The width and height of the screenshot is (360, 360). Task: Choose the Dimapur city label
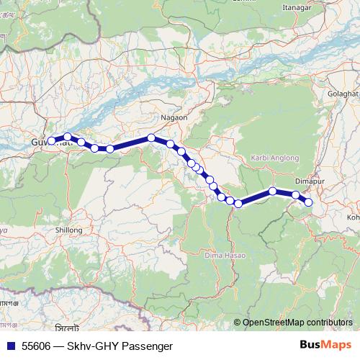[310, 182]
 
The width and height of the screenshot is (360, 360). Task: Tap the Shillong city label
[70, 230]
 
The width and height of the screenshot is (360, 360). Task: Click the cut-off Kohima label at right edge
[353, 216]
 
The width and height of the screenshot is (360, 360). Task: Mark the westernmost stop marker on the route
[51, 140]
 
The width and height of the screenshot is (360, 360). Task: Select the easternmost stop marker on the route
[309, 202]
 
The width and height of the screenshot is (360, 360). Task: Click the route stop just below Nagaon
[152, 138]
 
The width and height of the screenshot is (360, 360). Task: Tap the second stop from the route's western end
[68, 136]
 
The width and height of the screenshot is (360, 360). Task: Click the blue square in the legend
[10, 345]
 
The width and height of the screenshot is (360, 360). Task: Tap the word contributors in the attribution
[328, 323]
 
